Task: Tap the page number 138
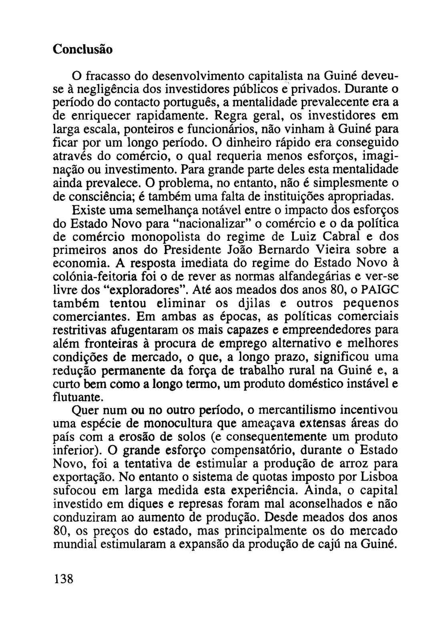64,579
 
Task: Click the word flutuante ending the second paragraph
78,397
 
